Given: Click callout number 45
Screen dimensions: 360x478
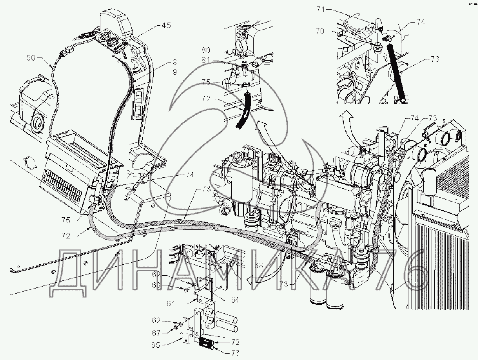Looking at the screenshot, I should click(x=166, y=26).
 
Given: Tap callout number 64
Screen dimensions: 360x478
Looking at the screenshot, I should click(x=235, y=299).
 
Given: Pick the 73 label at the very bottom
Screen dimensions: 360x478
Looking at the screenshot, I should click(x=235, y=353).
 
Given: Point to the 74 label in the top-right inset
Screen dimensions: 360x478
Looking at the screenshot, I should click(x=420, y=23).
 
